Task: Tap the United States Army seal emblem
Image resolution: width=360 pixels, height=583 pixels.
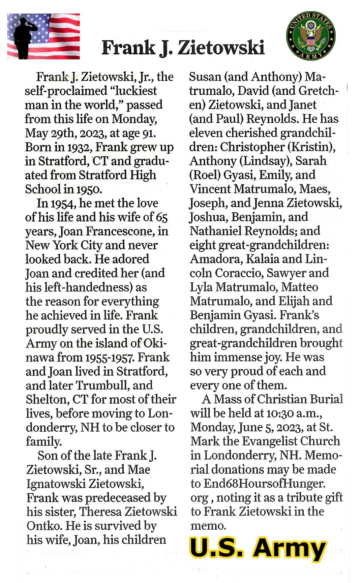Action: coord(311,36)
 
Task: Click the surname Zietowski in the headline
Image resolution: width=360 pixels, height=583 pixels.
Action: coord(221,48)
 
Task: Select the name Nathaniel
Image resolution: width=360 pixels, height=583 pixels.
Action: coord(215,231)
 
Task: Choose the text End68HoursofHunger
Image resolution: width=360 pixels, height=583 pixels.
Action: coord(264,484)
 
